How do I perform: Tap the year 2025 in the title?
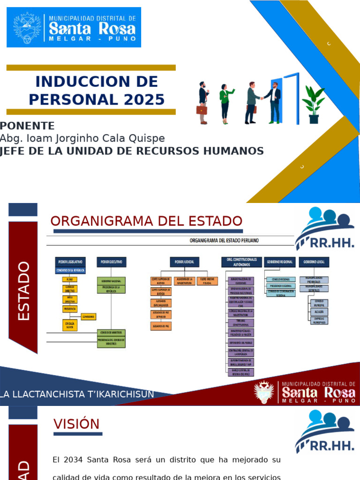point(144,99)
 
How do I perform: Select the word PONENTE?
point(27,126)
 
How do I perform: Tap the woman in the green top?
point(225,103)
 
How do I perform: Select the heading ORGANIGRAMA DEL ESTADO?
point(146,221)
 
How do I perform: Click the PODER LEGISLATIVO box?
point(70,262)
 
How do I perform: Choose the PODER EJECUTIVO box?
point(112,262)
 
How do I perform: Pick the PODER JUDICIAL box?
point(184,262)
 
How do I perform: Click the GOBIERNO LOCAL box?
point(314,262)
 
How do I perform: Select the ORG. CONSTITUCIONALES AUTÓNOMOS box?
point(241,262)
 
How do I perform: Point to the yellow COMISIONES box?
point(89,316)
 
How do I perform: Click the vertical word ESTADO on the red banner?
point(23,291)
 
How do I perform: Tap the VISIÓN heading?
point(76,424)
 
